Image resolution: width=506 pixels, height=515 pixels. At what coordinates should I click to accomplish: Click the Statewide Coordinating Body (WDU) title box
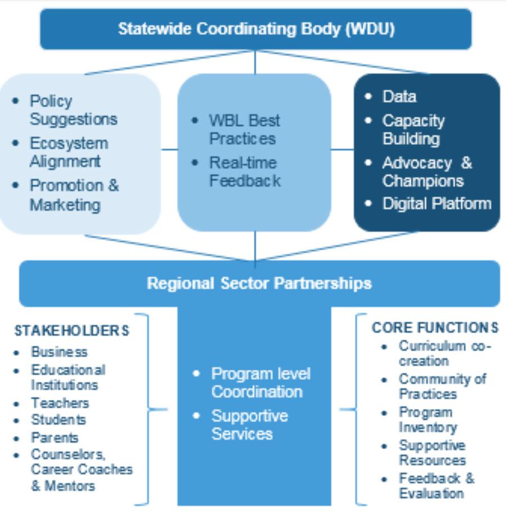(x=256, y=29)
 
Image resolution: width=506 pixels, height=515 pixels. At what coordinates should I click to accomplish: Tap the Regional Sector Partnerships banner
(x=259, y=283)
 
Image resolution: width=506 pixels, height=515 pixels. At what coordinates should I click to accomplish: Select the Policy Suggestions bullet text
(x=73, y=110)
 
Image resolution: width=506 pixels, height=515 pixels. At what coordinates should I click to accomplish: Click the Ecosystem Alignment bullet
(x=69, y=152)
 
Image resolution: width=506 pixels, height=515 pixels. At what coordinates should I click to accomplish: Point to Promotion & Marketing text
(x=74, y=195)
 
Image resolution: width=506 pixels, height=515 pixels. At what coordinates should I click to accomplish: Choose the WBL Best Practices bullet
(x=244, y=129)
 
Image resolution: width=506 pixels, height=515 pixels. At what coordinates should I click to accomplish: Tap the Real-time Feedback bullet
(x=244, y=172)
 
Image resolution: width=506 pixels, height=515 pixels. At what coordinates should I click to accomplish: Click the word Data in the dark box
(x=399, y=96)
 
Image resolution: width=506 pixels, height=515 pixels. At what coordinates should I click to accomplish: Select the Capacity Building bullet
(x=413, y=130)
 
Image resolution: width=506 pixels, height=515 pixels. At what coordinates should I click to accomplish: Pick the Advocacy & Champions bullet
(x=427, y=172)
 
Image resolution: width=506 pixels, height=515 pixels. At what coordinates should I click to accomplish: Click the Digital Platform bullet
(x=437, y=203)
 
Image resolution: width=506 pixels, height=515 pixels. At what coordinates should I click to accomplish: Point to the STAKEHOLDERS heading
(x=71, y=330)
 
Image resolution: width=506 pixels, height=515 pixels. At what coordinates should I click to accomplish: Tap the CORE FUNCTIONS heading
(x=435, y=328)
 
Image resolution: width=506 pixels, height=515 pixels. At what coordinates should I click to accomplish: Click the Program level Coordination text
(x=261, y=383)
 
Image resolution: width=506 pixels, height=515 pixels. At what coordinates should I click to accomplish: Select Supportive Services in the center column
(x=249, y=425)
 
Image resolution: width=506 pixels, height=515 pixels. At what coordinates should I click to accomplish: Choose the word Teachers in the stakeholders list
(x=60, y=403)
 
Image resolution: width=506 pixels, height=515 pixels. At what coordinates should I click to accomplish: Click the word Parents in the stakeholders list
(x=54, y=438)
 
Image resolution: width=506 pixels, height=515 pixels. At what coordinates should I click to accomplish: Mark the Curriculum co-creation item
(x=444, y=353)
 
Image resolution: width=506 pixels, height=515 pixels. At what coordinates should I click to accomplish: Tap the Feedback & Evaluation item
(x=436, y=486)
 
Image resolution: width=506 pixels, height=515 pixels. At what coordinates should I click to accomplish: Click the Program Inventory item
(x=428, y=420)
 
